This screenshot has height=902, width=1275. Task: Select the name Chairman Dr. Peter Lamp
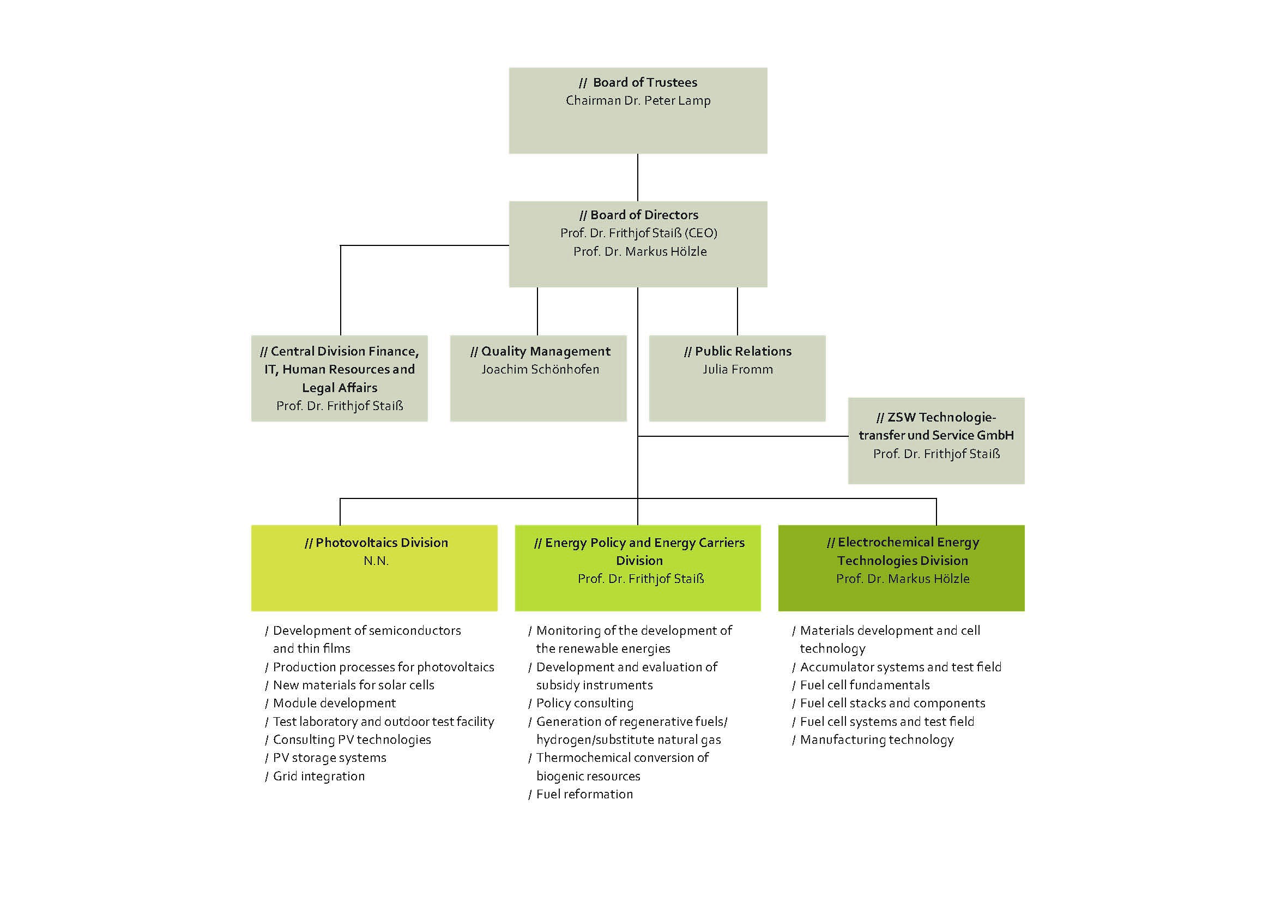(x=638, y=100)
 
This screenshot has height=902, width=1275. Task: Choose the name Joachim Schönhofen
(x=540, y=369)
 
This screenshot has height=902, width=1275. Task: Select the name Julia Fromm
(x=738, y=369)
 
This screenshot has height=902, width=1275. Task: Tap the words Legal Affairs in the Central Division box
(x=339, y=388)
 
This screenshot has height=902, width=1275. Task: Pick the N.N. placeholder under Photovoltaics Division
(x=376, y=561)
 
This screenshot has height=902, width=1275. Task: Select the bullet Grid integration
(x=319, y=776)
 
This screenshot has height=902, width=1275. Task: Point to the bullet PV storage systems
(x=329, y=757)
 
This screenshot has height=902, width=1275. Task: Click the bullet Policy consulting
(x=584, y=703)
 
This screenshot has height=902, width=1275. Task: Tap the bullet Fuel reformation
(x=584, y=794)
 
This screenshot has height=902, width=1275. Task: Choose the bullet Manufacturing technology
(x=877, y=740)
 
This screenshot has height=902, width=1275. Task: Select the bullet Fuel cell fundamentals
(x=865, y=685)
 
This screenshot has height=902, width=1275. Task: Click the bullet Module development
(x=334, y=703)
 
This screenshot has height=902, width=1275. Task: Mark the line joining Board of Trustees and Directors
(x=638, y=177)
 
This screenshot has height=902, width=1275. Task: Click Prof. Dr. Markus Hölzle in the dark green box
(x=902, y=579)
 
